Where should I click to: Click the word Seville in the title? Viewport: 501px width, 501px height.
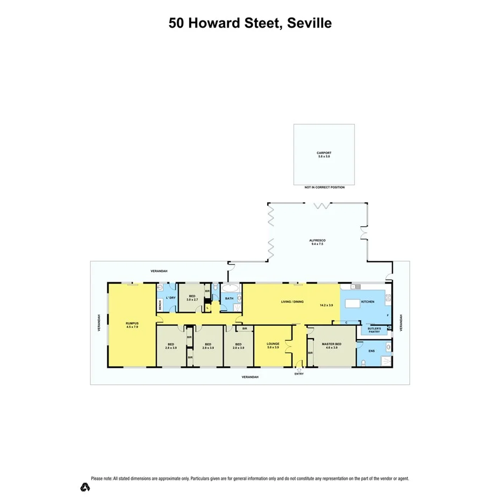point(309,23)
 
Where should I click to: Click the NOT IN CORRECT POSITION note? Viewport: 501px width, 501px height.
point(324,187)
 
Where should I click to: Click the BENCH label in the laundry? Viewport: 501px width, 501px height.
point(160,305)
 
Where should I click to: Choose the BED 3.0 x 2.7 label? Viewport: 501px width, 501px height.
point(192,297)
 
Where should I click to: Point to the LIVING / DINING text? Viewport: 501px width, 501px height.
point(292,302)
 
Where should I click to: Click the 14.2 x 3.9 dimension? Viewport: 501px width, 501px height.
point(326,305)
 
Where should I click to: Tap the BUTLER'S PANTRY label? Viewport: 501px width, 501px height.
point(374,330)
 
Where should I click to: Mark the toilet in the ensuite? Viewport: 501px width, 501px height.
point(364,363)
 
